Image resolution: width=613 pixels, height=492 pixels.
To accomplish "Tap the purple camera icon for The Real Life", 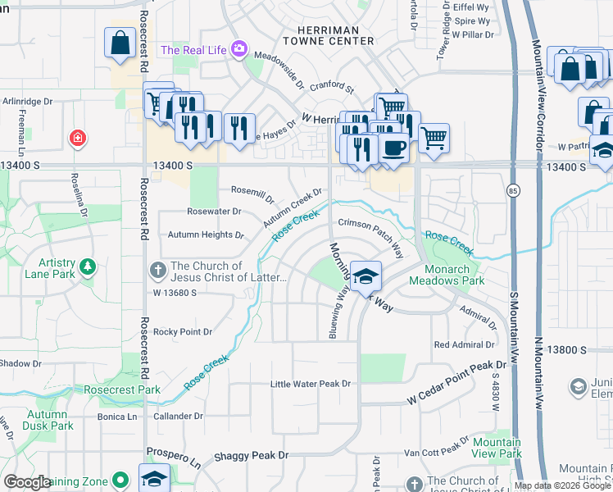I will click(x=238, y=50).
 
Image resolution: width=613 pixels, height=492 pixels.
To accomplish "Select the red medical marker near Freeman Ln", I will click(x=77, y=138).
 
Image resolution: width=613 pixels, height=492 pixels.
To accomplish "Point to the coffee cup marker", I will click(x=393, y=148).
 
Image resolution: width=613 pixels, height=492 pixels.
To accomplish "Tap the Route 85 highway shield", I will click(x=513, y=191).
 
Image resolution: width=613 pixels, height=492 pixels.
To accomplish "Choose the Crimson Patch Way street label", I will click(x=370, y=233).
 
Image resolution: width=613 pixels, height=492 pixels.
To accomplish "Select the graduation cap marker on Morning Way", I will click(x=366, y=276).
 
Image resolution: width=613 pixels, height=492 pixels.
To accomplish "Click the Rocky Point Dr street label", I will click(x=183, y=332).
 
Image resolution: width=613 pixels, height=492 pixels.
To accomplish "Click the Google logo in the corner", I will click(x=28, y=482).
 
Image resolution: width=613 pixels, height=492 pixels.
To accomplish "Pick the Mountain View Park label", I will click(x=497, y=448).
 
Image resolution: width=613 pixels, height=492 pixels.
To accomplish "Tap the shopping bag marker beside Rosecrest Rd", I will click(x=120, y=43).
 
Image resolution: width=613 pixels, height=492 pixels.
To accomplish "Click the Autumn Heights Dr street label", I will click(x=206, y=235).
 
